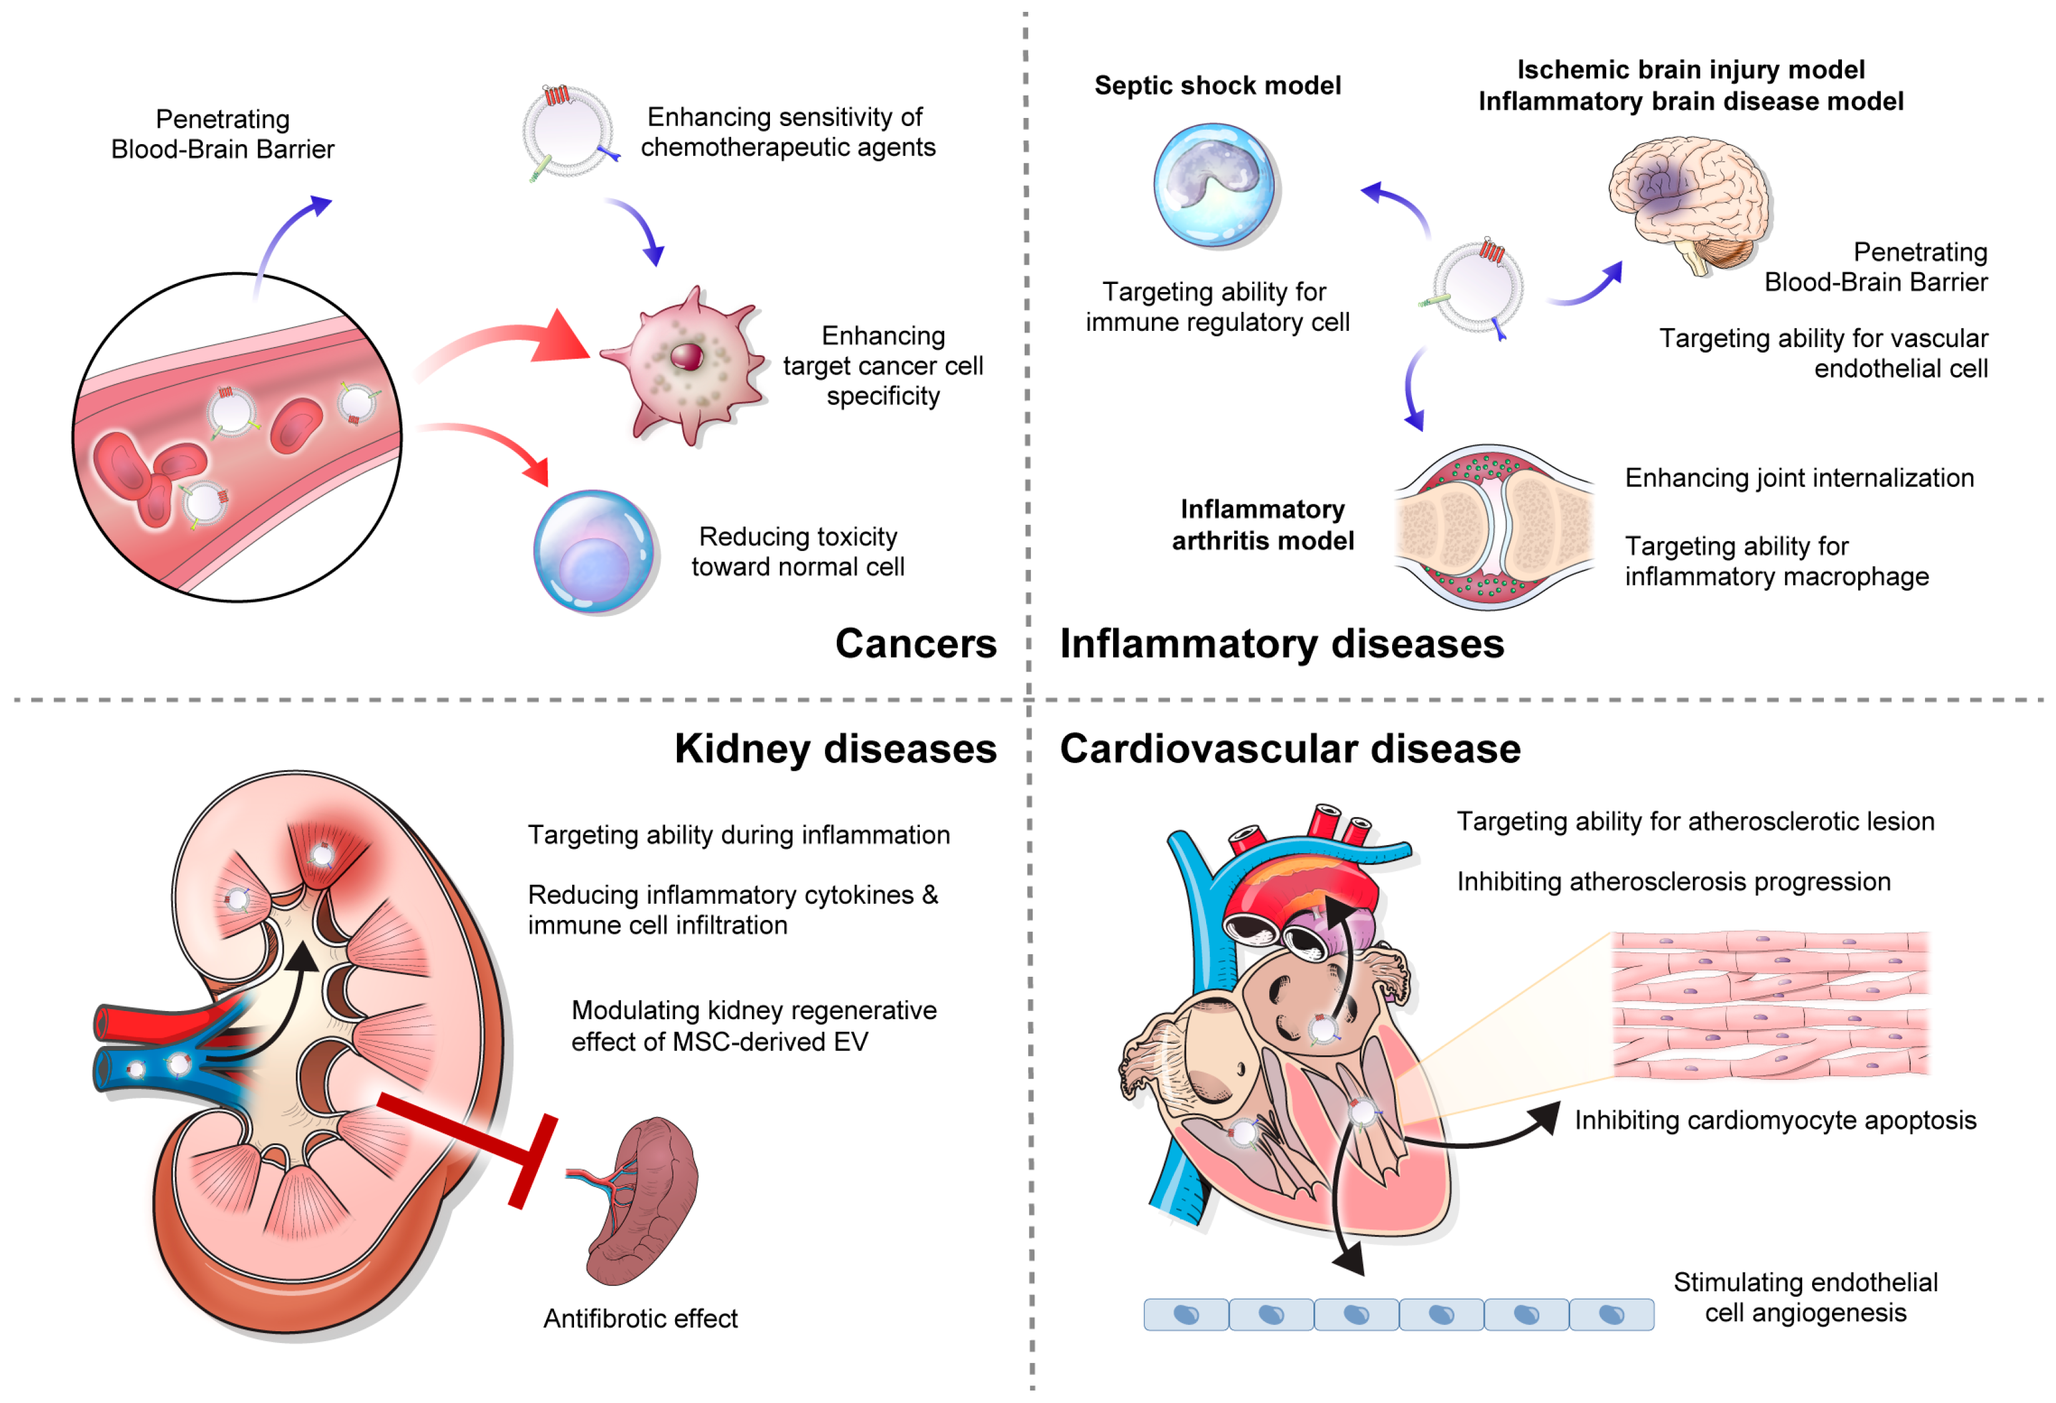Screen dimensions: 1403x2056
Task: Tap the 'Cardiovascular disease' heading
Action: [x=1290, y=750]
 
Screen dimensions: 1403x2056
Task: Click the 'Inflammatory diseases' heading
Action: [x=1281, y=644]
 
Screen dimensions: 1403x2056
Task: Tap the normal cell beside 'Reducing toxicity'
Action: [x=595, y=552]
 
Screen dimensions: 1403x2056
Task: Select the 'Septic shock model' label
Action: [x=1217, y=86]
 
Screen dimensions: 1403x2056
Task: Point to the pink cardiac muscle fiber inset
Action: [x=1770, y=1006]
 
